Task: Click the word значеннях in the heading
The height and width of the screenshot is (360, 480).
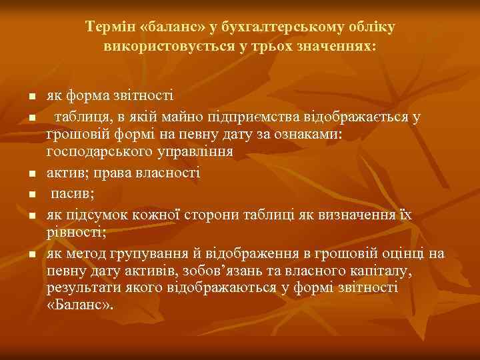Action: [340, 47]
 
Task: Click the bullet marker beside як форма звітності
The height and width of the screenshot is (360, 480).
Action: [31, 97]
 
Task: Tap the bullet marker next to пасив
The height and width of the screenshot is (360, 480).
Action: [31, 196]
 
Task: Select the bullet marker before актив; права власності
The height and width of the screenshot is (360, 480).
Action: [31, 175]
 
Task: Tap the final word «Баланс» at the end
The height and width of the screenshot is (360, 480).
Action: [80, 305]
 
